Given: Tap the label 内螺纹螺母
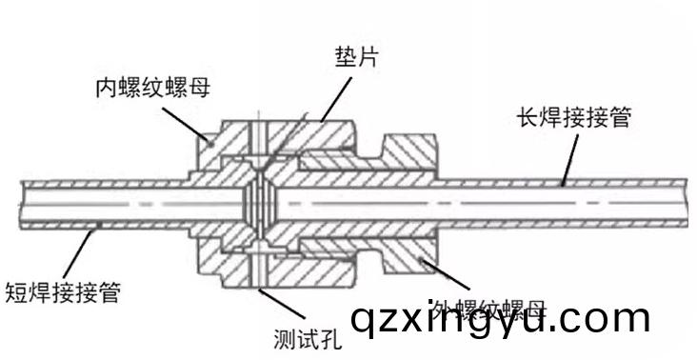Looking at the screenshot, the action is [x=152, y=89].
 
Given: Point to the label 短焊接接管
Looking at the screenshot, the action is [x=63, y=291].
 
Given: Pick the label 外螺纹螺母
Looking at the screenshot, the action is [x=488, y=310].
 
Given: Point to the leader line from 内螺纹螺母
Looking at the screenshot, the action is [x=190, y=119].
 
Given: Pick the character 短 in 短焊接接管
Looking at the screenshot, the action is [x=17, y=291].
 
